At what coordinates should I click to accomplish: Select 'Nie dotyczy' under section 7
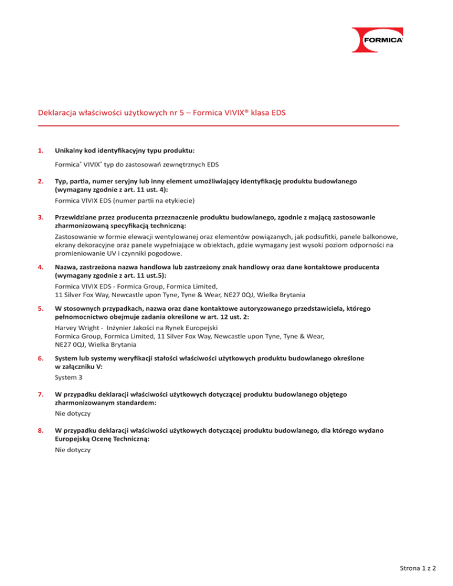[70, 414]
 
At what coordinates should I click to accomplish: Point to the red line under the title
[218, 125]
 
